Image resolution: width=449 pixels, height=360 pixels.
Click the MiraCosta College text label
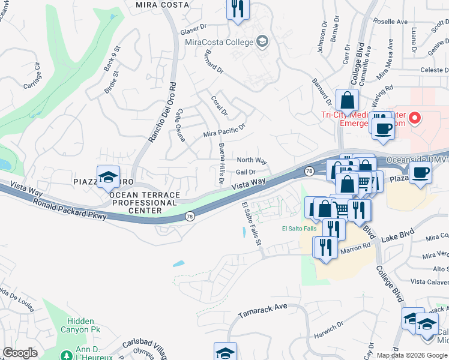pyautogui.click(x=218, y=42)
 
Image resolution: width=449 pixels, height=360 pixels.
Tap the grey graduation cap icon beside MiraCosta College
pyautogui.click(x=262, y=41)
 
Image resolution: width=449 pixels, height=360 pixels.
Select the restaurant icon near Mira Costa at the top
pyautogui.click(x=238, y=9)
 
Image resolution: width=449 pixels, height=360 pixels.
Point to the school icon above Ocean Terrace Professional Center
pyautogui.click(x=108, y=178)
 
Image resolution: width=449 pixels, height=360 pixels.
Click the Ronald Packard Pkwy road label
pyautogui.click(x=70, y=208)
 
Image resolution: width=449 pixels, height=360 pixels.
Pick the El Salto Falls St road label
pyautogui.click(x=252, y=223)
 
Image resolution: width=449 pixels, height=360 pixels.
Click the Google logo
pyautogui.click(x=20, y=352)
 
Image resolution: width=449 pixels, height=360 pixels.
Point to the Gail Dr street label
pyautogui.click(x=246, y=172)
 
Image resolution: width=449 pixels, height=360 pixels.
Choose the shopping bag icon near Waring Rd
pyautogui.click(x=347, y=101)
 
